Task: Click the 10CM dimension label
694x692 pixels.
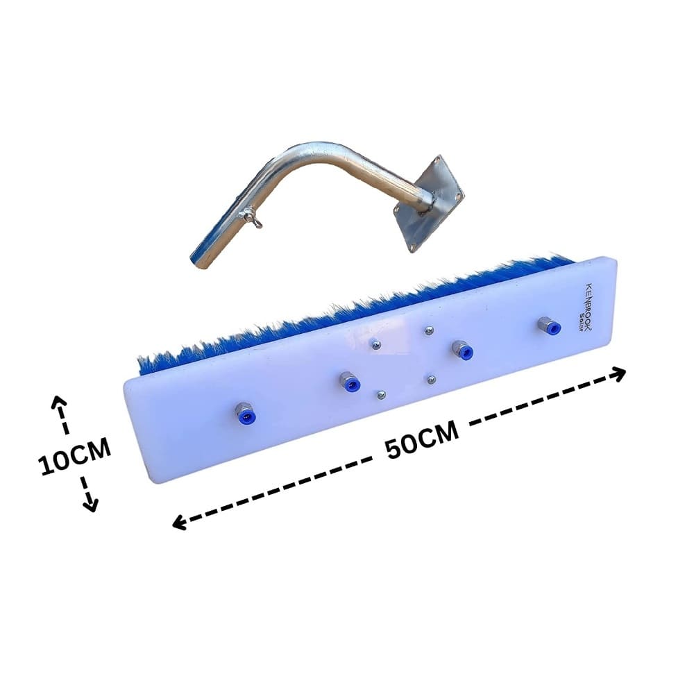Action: click(x=74, y=456)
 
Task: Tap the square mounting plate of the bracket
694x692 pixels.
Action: click(x=429, y=203)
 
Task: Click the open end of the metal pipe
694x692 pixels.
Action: click(x=197, y=260)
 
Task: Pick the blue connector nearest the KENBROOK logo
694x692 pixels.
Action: click(x=549, y=326)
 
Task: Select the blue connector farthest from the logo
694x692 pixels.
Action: click(x=246, y=413)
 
